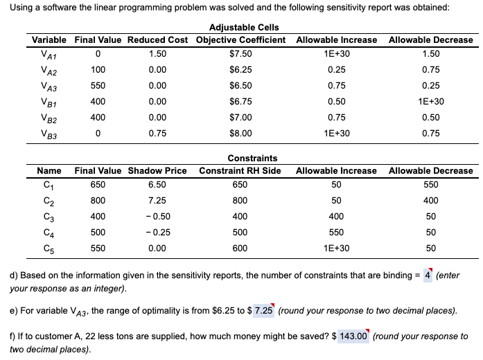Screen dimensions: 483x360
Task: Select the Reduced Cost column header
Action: tap(158, 39)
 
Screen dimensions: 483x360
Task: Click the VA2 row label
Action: tap(49, 69)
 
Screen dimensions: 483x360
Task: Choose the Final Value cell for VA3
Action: tap(99, 86)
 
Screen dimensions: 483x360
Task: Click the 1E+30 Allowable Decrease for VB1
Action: tap(430, 102)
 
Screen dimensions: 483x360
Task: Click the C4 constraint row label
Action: tap(49, 232)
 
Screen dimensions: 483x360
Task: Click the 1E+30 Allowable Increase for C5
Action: tap(336, 248)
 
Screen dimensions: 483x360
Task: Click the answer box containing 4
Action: tap(428, 276)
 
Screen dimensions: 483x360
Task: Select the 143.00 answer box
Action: tap(353, 336)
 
